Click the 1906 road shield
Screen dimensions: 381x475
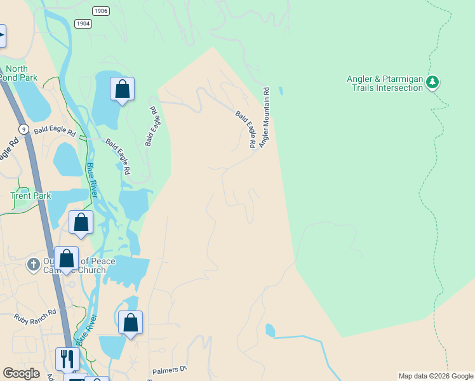pos(100,11)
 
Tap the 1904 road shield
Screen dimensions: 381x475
pos(83,23)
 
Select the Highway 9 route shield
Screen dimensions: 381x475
pos(23,129)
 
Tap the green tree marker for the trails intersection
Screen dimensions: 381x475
pos(432,82)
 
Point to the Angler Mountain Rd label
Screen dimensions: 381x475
pos(265,118)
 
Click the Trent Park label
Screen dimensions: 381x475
pos(30,196)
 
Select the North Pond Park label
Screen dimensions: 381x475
pos(20,73)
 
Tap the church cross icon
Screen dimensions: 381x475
pos(34,265)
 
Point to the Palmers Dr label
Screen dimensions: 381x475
pos(170,369)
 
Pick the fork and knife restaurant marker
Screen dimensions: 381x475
pos(67,358)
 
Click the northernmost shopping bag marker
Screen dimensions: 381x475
pos(122,89)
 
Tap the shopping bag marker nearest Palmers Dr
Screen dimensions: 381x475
pos(130,322)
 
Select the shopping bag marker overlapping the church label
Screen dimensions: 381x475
pos(66,258)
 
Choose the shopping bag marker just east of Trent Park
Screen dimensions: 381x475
pos(81,222)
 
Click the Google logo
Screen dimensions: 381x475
pos(21,373)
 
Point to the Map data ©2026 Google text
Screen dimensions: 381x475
pos(436,376)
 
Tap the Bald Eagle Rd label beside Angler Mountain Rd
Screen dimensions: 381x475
pos(246,130)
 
